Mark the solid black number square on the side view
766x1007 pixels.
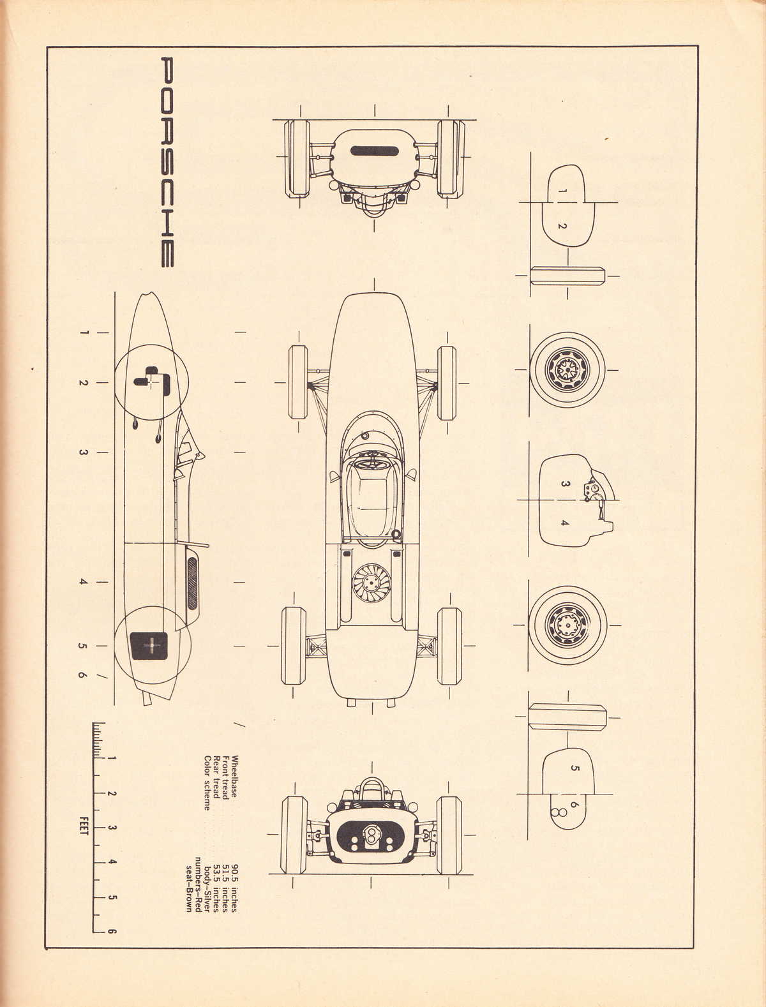(149, 646)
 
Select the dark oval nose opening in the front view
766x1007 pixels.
(374, 151)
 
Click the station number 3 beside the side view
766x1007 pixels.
(82, 452)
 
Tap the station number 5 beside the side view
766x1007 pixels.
(82, 646)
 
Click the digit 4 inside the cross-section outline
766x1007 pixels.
(564, 523)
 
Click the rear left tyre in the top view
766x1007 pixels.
(293, 646)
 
